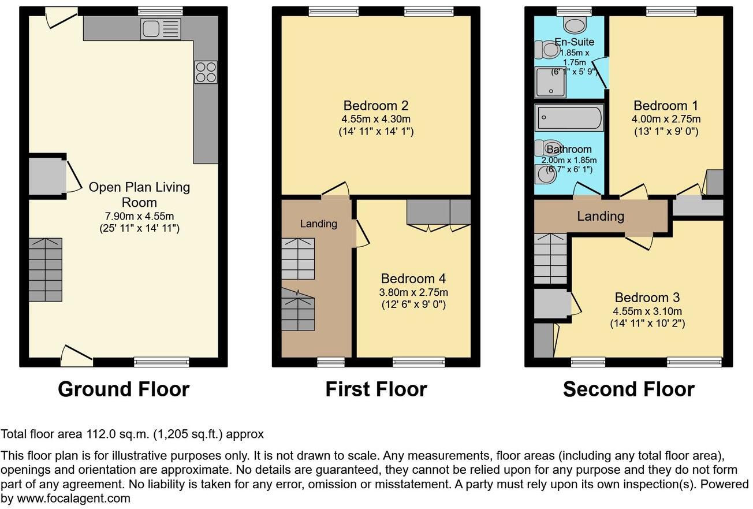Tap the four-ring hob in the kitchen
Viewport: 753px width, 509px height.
tap(206, 72)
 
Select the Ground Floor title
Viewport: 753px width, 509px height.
tap(123, 389)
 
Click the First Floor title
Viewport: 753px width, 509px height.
tap(376, 389)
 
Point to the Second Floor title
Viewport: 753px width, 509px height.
tap(628, 389)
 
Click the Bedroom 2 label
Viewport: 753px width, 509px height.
tap(376, 106)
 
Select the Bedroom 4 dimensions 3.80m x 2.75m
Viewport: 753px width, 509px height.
tap(413, 292)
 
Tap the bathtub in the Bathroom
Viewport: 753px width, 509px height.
tap(569, 117)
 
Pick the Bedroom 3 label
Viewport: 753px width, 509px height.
tap(647, 298)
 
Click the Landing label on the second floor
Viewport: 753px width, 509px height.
tap(601, 216)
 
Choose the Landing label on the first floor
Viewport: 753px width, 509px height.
tap(318, 224)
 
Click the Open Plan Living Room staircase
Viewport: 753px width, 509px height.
tap(46, 269)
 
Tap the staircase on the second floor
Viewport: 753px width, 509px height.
tap(551, 258)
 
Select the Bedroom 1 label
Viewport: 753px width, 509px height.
tap(665, 106)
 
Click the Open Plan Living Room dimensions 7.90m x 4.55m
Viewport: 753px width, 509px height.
tap(139, 216)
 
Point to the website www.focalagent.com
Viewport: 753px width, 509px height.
tap(73, 498)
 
